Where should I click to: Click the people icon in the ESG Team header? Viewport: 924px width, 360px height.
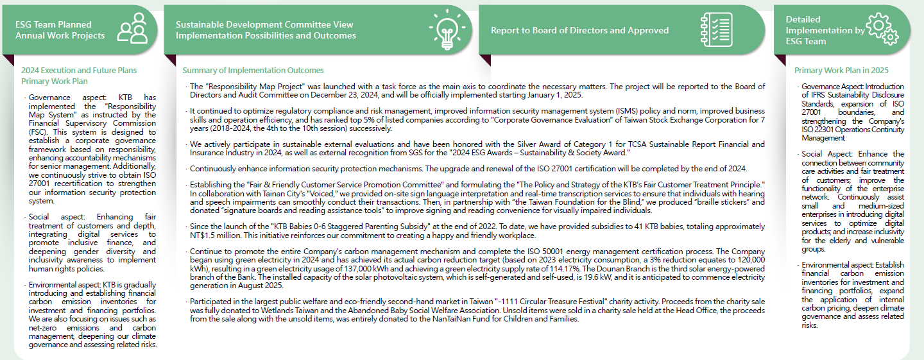pos(132,29)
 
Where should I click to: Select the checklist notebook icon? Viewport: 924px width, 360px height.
pos(716,30)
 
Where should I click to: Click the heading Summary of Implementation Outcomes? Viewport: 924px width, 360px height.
pos(253,71)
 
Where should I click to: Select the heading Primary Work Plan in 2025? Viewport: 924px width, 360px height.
pos(841,71)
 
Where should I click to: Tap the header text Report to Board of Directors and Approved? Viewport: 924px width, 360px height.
pos(579,30)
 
